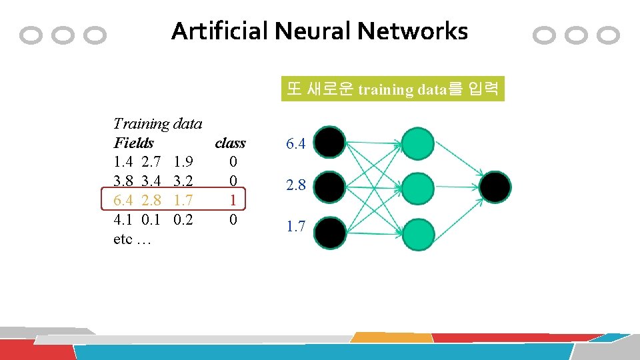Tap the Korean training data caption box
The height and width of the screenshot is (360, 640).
coord(392,89)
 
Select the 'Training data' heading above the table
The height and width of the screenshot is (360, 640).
coord(157,123)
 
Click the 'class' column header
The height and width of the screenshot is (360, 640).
coord(230,143)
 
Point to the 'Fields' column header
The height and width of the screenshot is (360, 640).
coord(133,143)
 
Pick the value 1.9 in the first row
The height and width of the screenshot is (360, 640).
coord(183,162)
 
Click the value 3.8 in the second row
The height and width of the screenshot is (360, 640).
coord(123,181)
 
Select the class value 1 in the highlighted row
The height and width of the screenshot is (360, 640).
coord(233,200)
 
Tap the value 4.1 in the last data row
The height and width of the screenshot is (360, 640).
coord(123,219)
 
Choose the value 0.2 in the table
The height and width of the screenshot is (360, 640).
coord(183,219)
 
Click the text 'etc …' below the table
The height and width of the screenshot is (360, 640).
coord(133,239)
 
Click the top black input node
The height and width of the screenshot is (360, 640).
coord(330,143)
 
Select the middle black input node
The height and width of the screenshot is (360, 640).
coord(330,187)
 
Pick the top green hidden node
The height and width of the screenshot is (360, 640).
coord(418,143)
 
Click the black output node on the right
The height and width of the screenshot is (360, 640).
coord(495,187)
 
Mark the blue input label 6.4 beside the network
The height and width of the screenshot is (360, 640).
coord(296,143)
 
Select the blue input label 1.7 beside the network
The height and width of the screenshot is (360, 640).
coord(296,227)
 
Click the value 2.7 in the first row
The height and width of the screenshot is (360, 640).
coord(152,162)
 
